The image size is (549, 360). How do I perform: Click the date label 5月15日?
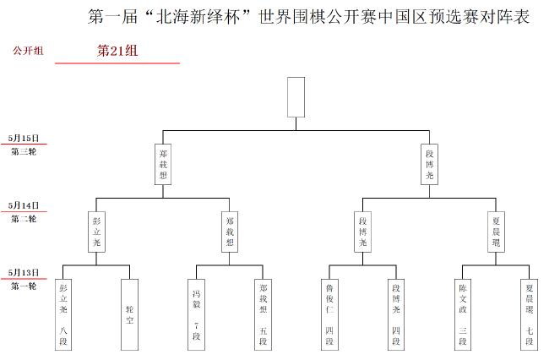(24, 138)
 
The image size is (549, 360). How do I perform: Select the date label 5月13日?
(24, 272)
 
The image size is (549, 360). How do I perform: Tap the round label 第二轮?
(24, 219)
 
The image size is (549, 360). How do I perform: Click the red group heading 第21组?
(117, 51)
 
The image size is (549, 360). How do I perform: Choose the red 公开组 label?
(28, 51)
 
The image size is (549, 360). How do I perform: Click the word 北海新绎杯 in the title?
(198, 17)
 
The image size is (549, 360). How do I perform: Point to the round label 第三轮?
(24, 151)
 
